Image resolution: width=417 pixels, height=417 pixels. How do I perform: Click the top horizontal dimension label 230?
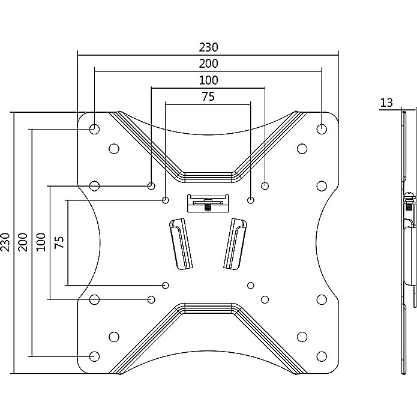tap(208, 47)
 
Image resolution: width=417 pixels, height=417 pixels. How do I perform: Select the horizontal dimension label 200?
tap(208, 63)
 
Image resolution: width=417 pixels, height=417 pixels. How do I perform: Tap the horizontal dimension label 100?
tap(208, 80)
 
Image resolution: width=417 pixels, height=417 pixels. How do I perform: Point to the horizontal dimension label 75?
tap(208, 96)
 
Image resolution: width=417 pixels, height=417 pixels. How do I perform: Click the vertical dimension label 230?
tap(6, 242)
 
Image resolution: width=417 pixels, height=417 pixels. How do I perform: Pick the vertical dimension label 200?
tap(23, 242)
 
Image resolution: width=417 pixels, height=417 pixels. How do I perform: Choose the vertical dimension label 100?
tap(41, 242)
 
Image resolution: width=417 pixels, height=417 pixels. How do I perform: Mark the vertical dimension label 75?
tap(59, 242)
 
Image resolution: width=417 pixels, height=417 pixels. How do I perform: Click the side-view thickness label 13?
tap(386, 103)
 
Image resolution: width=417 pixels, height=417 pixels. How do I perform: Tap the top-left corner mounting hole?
tap(94, 128)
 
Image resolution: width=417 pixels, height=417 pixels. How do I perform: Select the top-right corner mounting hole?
tap(322, 128)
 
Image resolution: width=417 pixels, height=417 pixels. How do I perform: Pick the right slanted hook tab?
tap(235, 243)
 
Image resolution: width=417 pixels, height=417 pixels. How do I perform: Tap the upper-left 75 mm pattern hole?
tap(166, 200)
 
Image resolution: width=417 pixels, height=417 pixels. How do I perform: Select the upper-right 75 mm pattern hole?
tap(251, 200)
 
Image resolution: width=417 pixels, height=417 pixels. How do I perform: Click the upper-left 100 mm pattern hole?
tap(151, 185)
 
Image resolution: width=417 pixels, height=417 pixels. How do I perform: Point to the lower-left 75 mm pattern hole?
tap(166, 284)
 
